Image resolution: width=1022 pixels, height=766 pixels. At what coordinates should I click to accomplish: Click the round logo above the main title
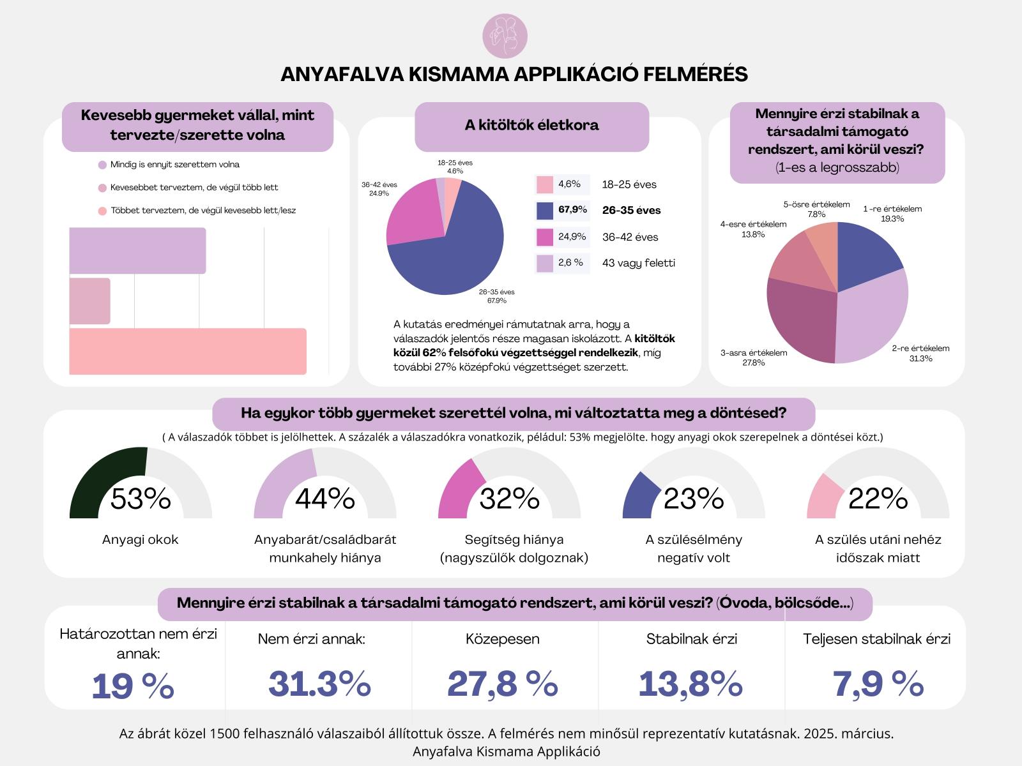tap(505, 36)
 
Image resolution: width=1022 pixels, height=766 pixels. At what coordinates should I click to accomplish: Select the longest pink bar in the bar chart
tap(188, 351)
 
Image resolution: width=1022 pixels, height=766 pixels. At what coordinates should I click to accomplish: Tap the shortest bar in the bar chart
tap(89, 301)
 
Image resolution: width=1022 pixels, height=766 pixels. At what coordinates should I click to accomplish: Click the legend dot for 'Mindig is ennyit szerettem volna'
tap(102, 165)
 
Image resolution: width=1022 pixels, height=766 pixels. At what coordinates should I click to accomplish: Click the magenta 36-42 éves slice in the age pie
tap(412, 214)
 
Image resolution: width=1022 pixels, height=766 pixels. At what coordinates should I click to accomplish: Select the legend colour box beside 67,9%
tap(545, 210)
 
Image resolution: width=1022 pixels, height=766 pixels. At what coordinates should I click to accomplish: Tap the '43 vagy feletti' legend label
tap(638, 263)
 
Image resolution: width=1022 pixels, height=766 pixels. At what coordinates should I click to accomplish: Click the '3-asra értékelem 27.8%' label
tap(744, 357)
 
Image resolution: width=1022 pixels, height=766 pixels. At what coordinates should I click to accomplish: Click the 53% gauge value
tap(141, 499)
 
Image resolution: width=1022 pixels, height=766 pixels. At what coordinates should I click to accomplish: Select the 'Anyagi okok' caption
tap(141, 539)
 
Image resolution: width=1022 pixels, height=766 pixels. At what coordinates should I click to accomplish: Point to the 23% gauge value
tap(694, 499)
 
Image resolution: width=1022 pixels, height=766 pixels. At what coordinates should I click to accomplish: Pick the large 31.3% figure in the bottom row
tap(319, 684)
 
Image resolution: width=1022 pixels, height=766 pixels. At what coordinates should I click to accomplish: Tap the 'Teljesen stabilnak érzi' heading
tap(876, 639)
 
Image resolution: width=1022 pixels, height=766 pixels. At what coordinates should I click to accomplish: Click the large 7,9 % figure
tap(878, 684)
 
